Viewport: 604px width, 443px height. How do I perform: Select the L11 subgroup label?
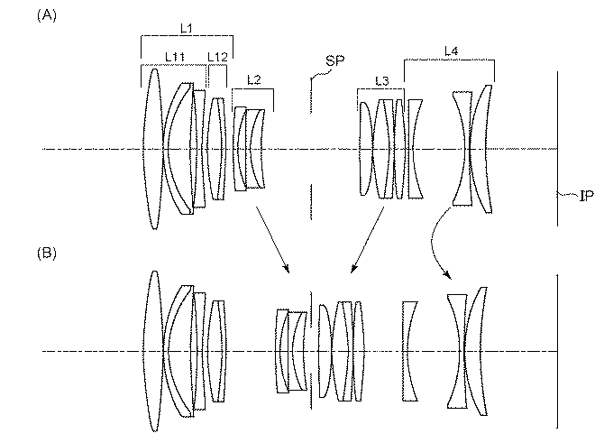(175, 56)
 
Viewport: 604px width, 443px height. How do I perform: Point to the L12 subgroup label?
(216, 56)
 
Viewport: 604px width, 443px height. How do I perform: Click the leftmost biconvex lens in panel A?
(153, 149)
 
